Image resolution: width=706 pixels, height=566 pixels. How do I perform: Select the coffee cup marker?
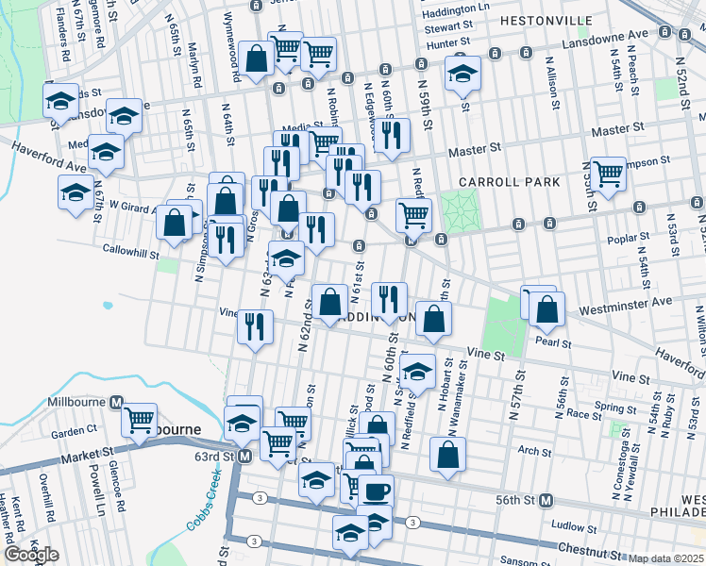377,491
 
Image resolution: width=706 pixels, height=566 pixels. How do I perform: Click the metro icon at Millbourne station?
117,402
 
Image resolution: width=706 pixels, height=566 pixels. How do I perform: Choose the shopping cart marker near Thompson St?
609,173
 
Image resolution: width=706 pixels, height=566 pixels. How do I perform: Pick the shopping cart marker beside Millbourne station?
140,418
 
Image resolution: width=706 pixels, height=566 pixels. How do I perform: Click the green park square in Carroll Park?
461,210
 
